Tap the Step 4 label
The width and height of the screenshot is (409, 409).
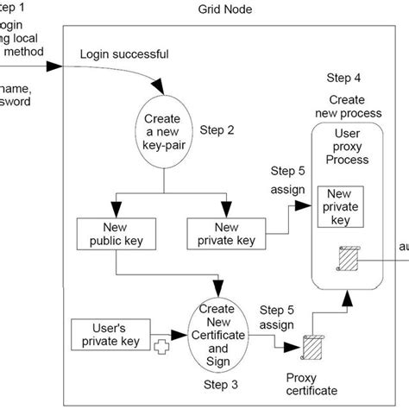345,79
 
